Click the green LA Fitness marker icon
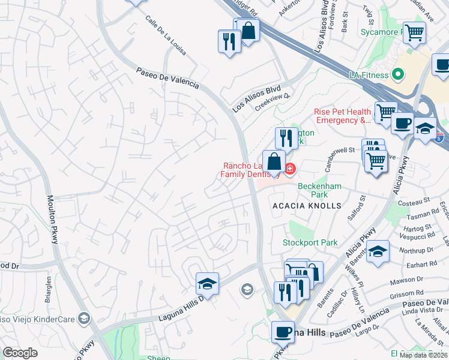(397, 75)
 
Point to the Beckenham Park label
(320, 190)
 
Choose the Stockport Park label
(310, 243)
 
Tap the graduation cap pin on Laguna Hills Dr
(207, 283)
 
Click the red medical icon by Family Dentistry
(290, 170)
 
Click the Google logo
(20, 353)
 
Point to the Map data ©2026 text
(423, 355)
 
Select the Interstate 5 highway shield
(439, 137)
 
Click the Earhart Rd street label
(424, 264)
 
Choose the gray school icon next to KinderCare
(84, 318)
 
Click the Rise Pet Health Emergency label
(342, 116)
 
